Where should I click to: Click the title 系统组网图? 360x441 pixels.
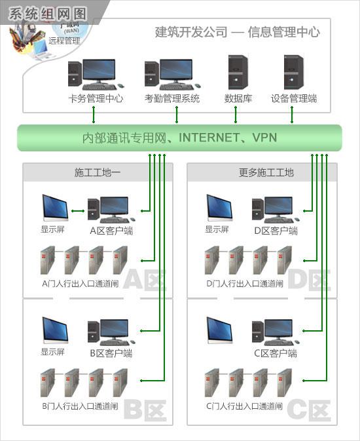45,12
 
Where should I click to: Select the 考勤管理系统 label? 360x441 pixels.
172,99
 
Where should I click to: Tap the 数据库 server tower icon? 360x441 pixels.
236,73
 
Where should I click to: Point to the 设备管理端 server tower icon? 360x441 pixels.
293,73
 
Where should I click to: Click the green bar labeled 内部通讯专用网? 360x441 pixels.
179,138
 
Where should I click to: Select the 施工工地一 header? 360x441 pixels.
98,173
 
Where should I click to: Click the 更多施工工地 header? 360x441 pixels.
262,173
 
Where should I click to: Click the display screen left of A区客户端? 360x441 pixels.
54,208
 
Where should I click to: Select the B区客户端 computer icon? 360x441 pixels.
109,332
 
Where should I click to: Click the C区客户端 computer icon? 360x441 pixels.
273,332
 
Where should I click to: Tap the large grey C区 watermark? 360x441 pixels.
308,410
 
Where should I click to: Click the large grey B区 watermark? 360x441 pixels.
143,410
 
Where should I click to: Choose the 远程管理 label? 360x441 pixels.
64,41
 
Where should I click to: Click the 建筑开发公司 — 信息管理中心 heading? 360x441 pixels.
237,31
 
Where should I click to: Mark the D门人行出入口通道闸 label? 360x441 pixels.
244,284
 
